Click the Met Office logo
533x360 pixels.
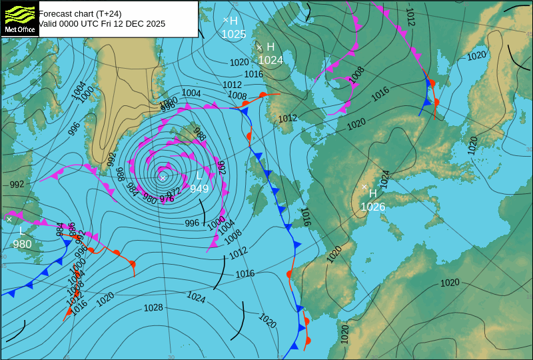pyautogui.click(x=19, y=18)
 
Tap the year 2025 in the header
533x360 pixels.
pyautogui.click(x=155, y=23)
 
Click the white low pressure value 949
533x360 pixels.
pyautogui.click(x=199, y=189)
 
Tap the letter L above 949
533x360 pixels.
pyautogui.click(x=199, y=177)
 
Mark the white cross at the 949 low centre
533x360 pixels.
pyautogui.click(x=163, y=177)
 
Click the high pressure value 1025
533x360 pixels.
pyautogui.click(x=233, y=34)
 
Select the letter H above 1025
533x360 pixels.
pyautogui.click(x=234, y=21)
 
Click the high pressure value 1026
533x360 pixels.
pyautogui.click(x=373, y=207)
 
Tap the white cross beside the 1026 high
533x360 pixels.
pyautogui.click(x=364, y=187)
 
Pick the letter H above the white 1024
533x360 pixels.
pyautogui.click(x=270, y=47)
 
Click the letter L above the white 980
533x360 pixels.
pyautogui.click(x=21, y=231)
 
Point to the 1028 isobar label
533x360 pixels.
pyautogui.click(x=153, y=308)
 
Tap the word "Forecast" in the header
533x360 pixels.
pyautogui.click(x=56, y=13)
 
